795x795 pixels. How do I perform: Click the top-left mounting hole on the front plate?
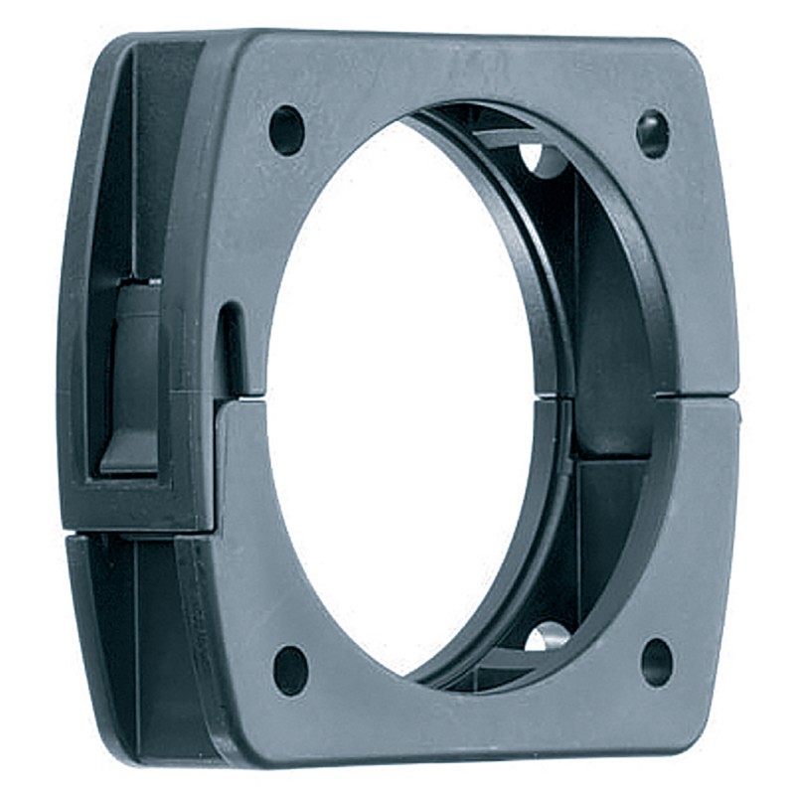(x=287, y=130)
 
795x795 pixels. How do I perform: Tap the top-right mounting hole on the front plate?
(x=652, y=134)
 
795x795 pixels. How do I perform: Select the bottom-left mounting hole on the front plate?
(x=290, y=671)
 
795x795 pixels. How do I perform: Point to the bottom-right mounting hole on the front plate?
(x=657, y=662)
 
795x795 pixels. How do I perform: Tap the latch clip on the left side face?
(x=132, y=378)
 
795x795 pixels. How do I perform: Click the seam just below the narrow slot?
(x=243, y=397)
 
